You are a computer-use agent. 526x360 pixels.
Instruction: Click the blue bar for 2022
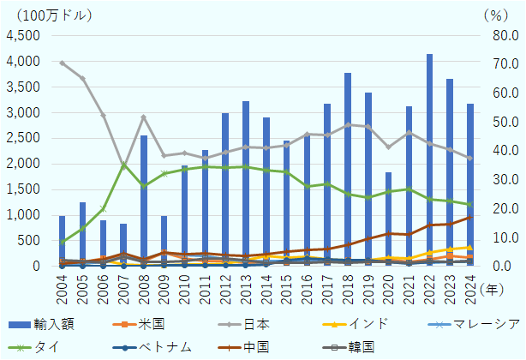[x=429, y=160]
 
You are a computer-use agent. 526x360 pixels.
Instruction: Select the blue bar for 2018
[x=348, y=170]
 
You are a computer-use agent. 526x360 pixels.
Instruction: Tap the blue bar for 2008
[x=144, y=201]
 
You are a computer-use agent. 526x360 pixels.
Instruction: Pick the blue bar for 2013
[x=246, y=183]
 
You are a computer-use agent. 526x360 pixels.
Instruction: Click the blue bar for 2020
[x=389, y=219]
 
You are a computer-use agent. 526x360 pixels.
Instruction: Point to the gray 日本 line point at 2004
[x=62, y=63]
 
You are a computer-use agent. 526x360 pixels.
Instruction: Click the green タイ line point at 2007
[x=123, y=165]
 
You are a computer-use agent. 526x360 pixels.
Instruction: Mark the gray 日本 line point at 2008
[x=144, y=117]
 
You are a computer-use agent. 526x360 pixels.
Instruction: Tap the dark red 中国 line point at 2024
[x=470, y=217]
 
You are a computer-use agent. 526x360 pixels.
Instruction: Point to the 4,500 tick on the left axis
[x=22, y=36]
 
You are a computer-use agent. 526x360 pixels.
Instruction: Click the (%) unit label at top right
[x=494, y=14]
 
